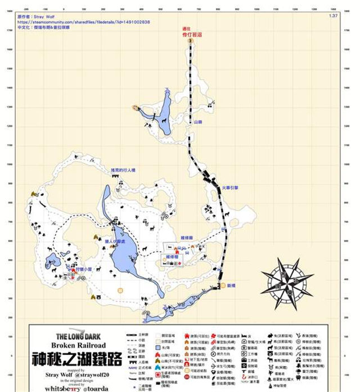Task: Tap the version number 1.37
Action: tap(332, 16)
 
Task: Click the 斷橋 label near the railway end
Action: tap(231, 286)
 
